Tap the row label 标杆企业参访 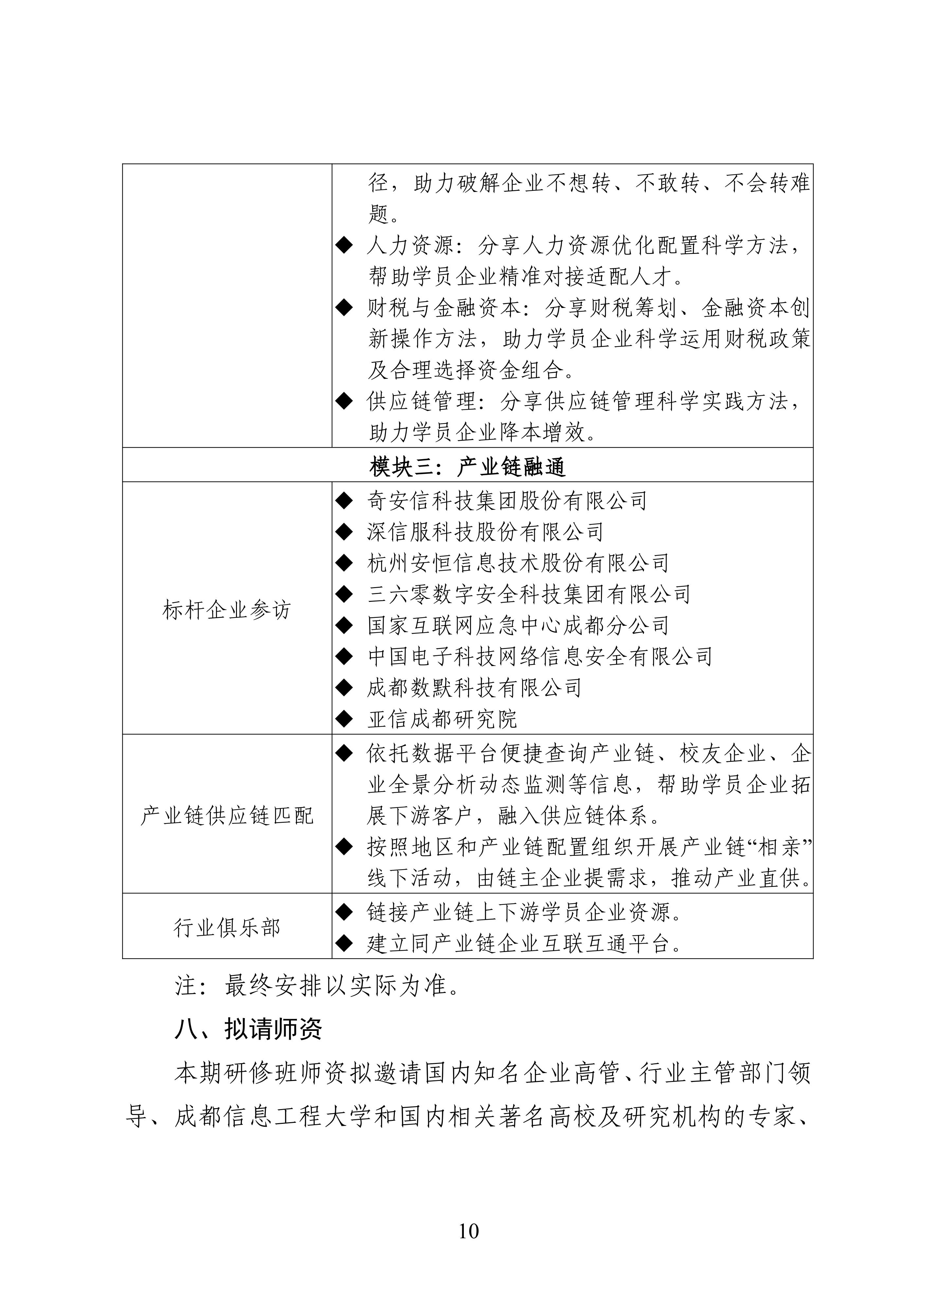coord(227,610)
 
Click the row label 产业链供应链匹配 coord(227,816)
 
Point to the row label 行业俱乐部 coord(227,927)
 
